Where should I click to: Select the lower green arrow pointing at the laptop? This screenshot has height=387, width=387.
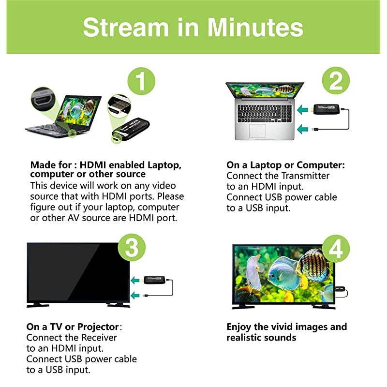(304, 129)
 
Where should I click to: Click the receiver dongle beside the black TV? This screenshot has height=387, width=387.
(155, 280)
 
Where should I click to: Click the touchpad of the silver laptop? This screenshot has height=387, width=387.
(257, 131)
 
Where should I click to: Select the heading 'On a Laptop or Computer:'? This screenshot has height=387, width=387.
(285, 165)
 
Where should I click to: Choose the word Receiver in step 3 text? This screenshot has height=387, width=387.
(96, 337)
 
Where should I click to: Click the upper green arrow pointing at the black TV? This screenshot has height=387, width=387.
(136, 280)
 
